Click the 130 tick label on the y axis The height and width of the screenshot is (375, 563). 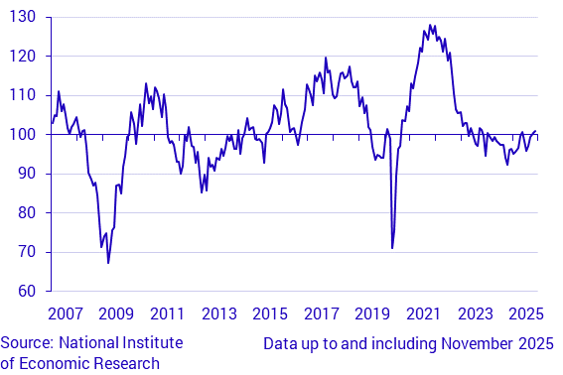point(23,17)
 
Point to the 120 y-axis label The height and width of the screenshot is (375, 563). point(23,57)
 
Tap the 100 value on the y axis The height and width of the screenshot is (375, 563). point(23,134)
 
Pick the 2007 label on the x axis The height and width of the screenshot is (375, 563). point(66,313)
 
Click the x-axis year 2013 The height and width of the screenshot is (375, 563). point(218,313)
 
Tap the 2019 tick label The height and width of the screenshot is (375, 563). point(372,313)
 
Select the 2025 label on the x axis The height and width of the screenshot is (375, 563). point(525,313)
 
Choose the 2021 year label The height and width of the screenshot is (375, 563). point(424,313)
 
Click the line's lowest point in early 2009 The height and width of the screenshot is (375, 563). point(108,263)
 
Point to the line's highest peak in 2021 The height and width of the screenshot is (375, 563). point(429,25)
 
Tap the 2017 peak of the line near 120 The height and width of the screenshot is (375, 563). point(325,58)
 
